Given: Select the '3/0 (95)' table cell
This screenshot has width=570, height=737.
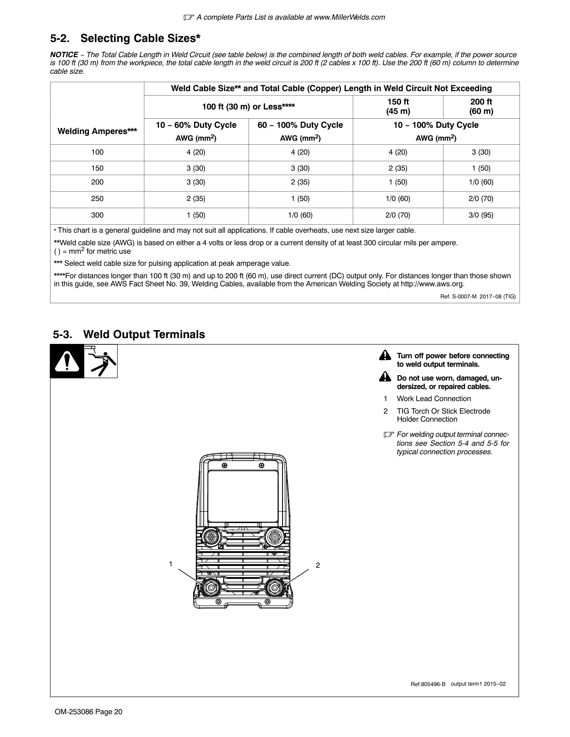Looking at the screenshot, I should click(x=481, y=215).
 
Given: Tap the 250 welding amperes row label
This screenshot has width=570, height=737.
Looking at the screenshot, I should click(x=97, y=199).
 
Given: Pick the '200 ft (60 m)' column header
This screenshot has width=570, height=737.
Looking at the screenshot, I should click(x=481, y=106).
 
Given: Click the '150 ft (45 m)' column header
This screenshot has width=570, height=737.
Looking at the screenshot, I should click(x=397, y=106).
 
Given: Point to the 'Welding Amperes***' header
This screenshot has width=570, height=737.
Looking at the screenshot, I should click(x=97, y=131).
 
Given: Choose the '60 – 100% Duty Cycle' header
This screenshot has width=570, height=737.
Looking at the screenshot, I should click(x=300, y=125).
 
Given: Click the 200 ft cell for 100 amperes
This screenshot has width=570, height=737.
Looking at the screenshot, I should click(x=481, y=152).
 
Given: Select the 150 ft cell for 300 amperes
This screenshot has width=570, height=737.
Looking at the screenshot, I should click(x=397, y=215).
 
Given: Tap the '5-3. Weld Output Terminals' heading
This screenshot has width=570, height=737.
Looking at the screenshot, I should click(x=129, y=334).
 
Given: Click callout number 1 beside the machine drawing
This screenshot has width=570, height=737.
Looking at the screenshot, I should click(x=170, y=564).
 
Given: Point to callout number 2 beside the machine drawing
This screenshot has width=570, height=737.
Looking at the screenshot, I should click(x=317, y=565).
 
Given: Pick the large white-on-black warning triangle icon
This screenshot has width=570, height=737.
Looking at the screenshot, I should click(x=67, y=362).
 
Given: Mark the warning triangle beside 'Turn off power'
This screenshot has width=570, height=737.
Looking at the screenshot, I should click(x=384, y=356).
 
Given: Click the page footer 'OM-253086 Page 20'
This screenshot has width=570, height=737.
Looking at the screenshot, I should click(x=86, y=712).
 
